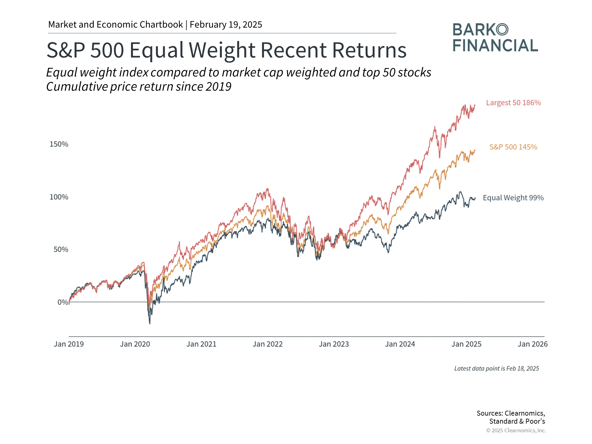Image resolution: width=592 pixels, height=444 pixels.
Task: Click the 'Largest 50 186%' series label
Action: coord(513,103)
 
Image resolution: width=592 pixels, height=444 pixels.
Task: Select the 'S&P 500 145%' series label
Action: coord(513,147)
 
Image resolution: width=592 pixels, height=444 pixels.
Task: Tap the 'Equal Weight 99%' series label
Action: coord(513,198)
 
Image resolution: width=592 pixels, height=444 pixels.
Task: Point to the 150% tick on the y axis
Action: coord(59,144)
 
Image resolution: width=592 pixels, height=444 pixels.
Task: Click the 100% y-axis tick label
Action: coord(59,197)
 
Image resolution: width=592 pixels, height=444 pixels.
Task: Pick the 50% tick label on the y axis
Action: coord(61,249)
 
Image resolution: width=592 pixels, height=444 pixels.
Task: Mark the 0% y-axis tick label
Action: coord(63,302)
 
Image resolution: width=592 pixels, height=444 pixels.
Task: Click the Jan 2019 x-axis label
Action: coord(69,344)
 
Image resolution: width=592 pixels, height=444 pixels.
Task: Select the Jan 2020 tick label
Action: coord(135,344)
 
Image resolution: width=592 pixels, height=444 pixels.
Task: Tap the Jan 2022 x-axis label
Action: coord(268,344)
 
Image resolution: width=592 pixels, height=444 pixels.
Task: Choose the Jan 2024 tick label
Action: coord(400,344)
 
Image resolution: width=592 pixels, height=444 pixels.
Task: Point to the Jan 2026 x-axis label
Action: coord(532,344)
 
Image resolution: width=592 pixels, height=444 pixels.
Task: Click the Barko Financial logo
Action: coord(495,38)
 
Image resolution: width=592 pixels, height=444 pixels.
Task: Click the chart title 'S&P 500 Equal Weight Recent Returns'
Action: coord(226,50)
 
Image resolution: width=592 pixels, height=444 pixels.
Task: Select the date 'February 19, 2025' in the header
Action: coord(226,25)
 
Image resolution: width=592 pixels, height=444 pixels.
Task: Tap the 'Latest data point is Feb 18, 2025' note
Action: coord(496,368)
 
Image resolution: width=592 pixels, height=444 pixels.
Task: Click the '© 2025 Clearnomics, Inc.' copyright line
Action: coord(516,430)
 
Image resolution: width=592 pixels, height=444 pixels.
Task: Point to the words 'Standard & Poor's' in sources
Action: coord(517,421)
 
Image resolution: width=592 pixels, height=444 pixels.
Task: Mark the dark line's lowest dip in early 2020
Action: coord(150,323)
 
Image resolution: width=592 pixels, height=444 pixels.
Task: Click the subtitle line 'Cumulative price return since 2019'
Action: coord(139,87)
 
